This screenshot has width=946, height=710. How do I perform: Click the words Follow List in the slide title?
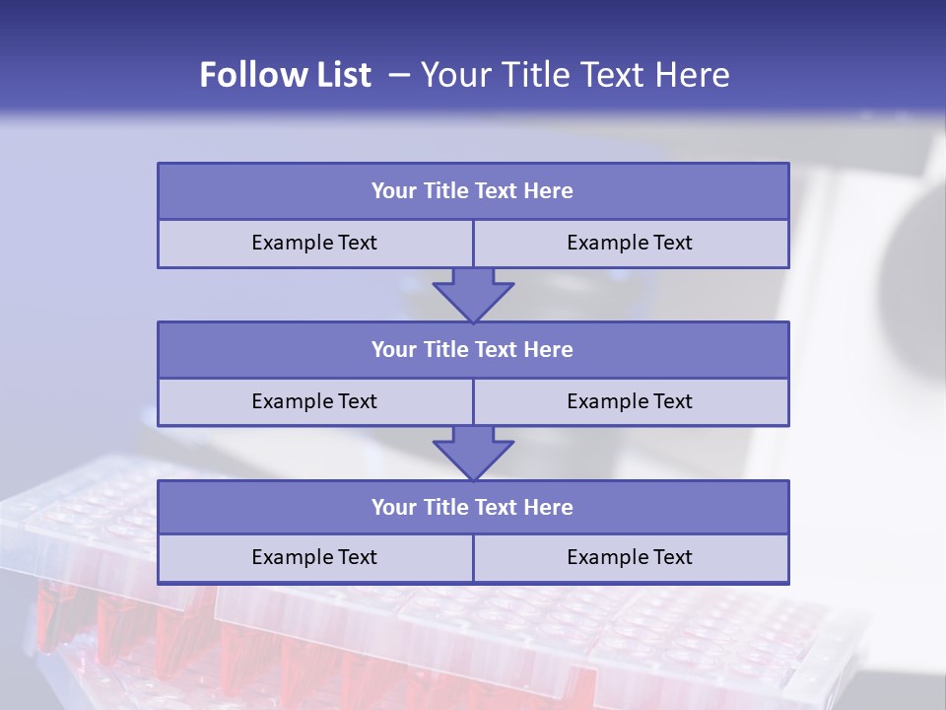(x=286, y=75)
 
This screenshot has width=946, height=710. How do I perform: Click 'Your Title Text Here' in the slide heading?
(x=575, y=75)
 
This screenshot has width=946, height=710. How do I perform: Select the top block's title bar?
(x=473, y=191)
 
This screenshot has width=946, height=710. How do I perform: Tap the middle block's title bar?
(x=473, y=350)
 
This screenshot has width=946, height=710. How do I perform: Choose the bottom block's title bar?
(x=473, y=508)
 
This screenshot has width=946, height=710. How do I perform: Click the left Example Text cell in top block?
(x=314, y=243)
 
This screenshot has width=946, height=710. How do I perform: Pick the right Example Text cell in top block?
(x=630, y=243)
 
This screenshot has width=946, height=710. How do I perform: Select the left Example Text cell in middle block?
(x=314, y=401)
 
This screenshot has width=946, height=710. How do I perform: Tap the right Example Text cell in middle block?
(x=630, y=401)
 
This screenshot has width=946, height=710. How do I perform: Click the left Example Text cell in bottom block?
(x=314, y=557)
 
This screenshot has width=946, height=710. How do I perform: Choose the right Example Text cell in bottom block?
(x=630, y=557)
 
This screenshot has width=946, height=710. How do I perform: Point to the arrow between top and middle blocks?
(x=473, y=295)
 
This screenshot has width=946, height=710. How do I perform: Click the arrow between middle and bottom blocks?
(x=473, y=453)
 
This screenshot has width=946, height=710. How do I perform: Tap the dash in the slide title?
(x=400, y=75)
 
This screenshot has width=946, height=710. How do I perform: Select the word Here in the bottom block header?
(x=548, y=508)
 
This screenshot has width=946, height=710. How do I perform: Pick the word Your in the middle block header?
(x=394, y=350)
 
